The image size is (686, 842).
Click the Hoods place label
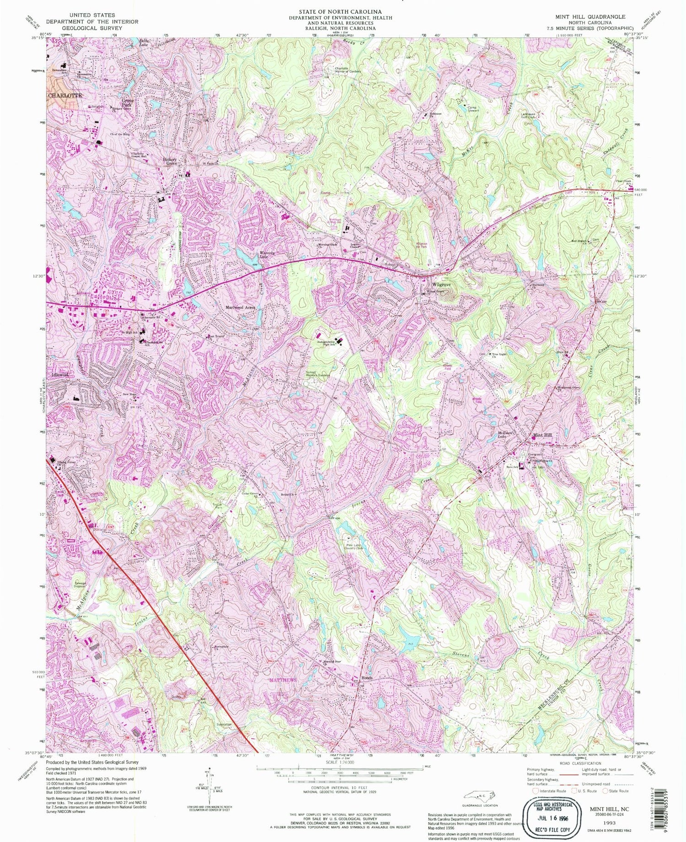(367, 678)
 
